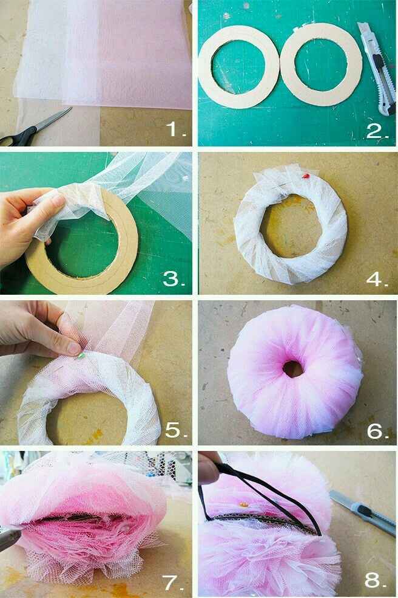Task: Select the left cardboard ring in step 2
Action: pyautogui.click(x=238, y=69)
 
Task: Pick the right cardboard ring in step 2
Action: pyautogui.click(x=320, y=65)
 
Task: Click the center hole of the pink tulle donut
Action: pyautogui.click(x=294, y=368)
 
